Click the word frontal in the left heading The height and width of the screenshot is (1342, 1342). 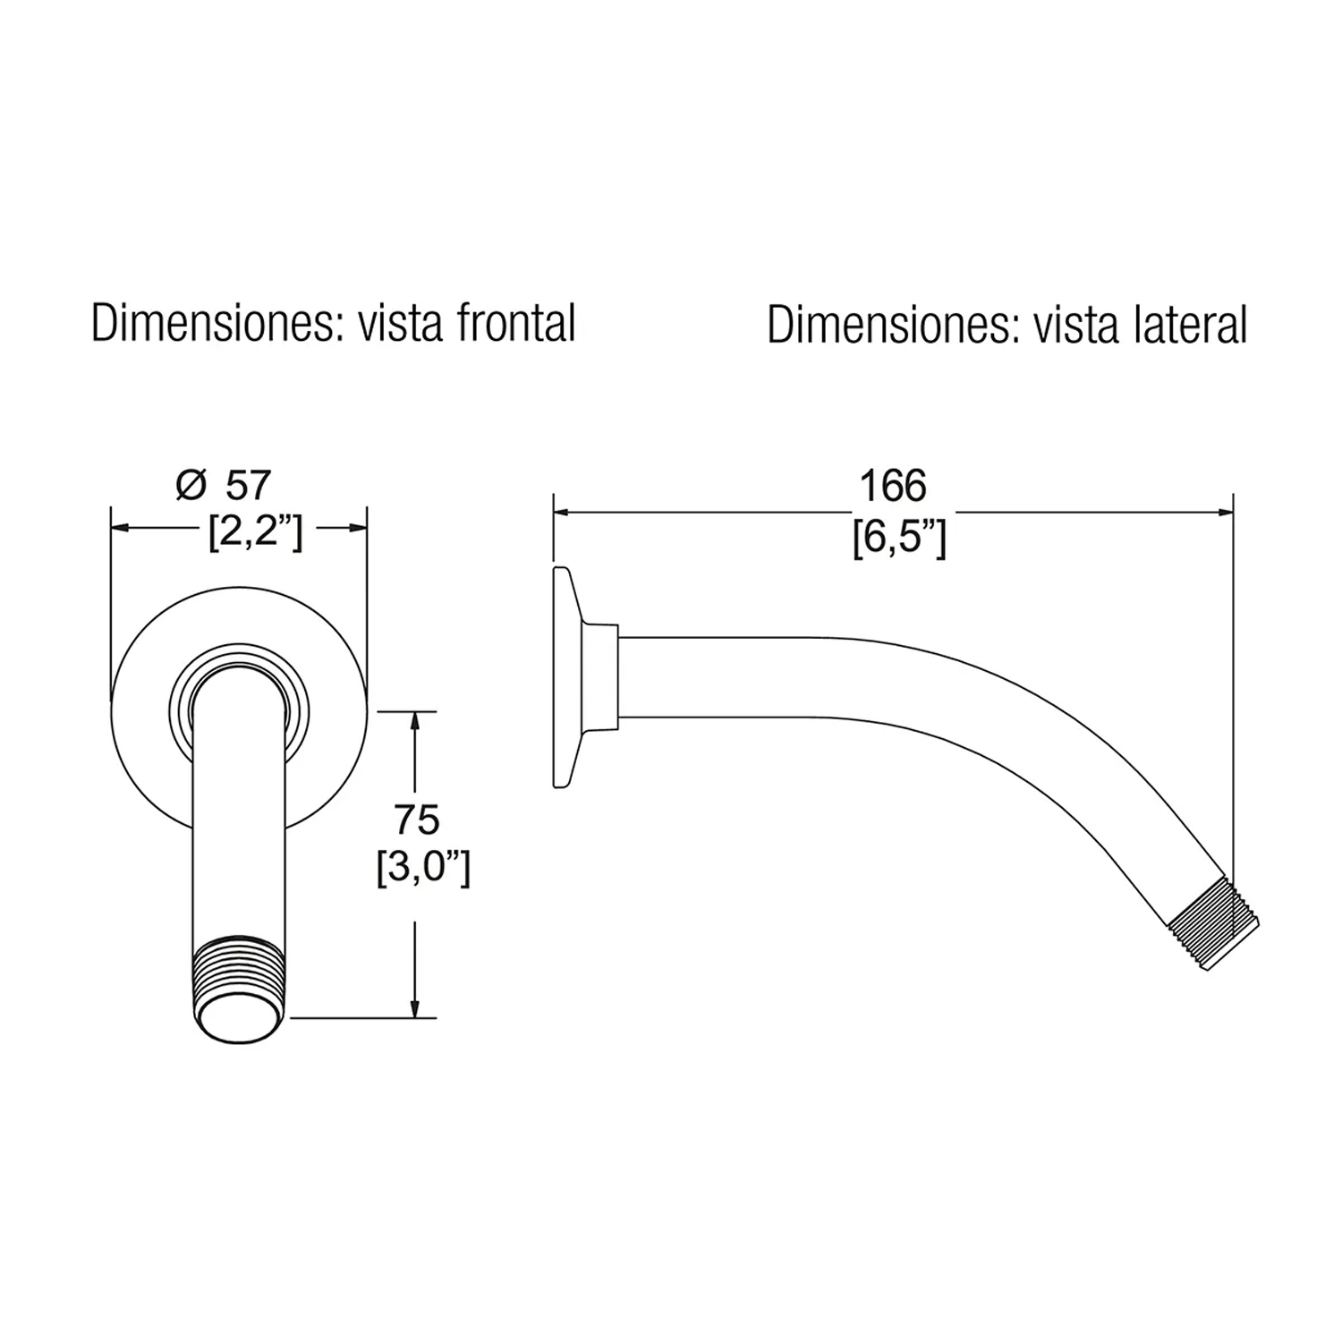click(516, 323)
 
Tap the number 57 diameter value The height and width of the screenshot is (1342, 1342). click(247, 485)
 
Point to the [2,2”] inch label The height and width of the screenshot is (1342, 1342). click(255, 534)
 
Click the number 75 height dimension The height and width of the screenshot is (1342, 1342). click(417, 820)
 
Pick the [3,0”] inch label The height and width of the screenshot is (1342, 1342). click(422, 868)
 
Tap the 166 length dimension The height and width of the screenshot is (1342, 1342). click(893, 487)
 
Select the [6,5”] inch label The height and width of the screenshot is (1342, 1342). click(898, 539)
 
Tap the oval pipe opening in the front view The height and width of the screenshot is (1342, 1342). click(239, 1017)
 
